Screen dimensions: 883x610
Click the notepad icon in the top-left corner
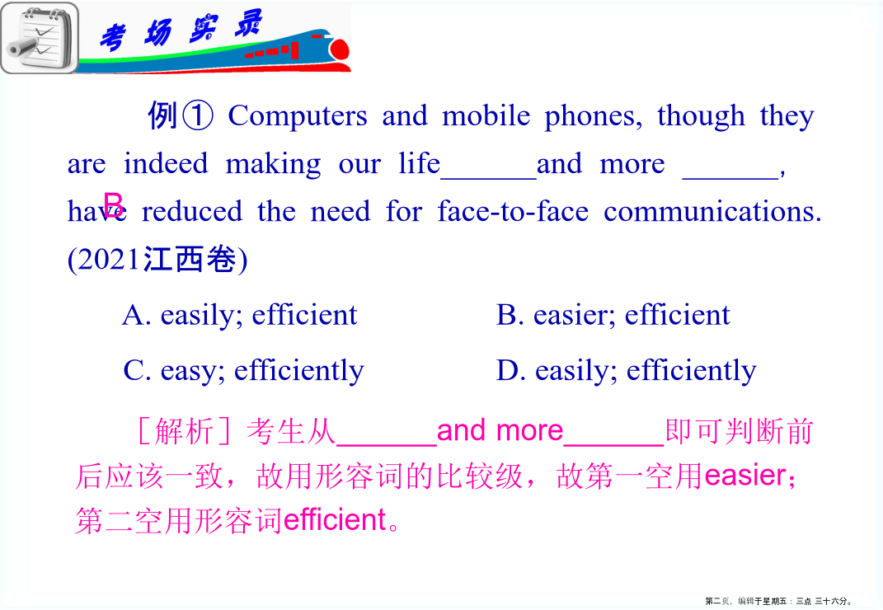pyautogui.click(x=40, y=38)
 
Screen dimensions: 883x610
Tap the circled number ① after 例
pyautogui.click(x=197, y=115)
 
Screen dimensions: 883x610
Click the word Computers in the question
pyautogui.click(x=298, y=116)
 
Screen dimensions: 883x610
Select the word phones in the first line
pyautogui.click(x=593, y=117)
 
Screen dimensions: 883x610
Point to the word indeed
pyautogui.click(x=166, y=163)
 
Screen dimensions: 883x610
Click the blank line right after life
pyautogui.click(x=488, y=178)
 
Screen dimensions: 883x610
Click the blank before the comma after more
pyautogui.click(x=730, y=178)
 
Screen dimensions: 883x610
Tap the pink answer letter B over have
pyautogui.click(x=113, y=204)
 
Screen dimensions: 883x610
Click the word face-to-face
pyautogui.click(x=513, y=211)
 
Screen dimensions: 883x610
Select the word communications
pyautogui.click(x=712, y=211)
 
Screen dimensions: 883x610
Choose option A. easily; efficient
pyautogui.click(x=240, y=315)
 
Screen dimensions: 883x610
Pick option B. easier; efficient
pyautogui.click(x=613, y=315)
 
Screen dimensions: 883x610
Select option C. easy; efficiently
pyautogui.click(x=243, y=371)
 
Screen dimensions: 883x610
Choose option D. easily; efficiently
pyautogui.click(x=627, y=371)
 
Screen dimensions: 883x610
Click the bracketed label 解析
pyautogui.click(x=184, y=431)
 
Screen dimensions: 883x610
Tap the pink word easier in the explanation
pyautogui.click(x=745, y=476)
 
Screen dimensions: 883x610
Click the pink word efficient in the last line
pyautogui.click(x=335, y=519)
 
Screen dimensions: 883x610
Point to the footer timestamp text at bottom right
pyautogui.click(x=779, y=601)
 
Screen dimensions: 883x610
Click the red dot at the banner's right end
pyautogui.click(x=340, y=49)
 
